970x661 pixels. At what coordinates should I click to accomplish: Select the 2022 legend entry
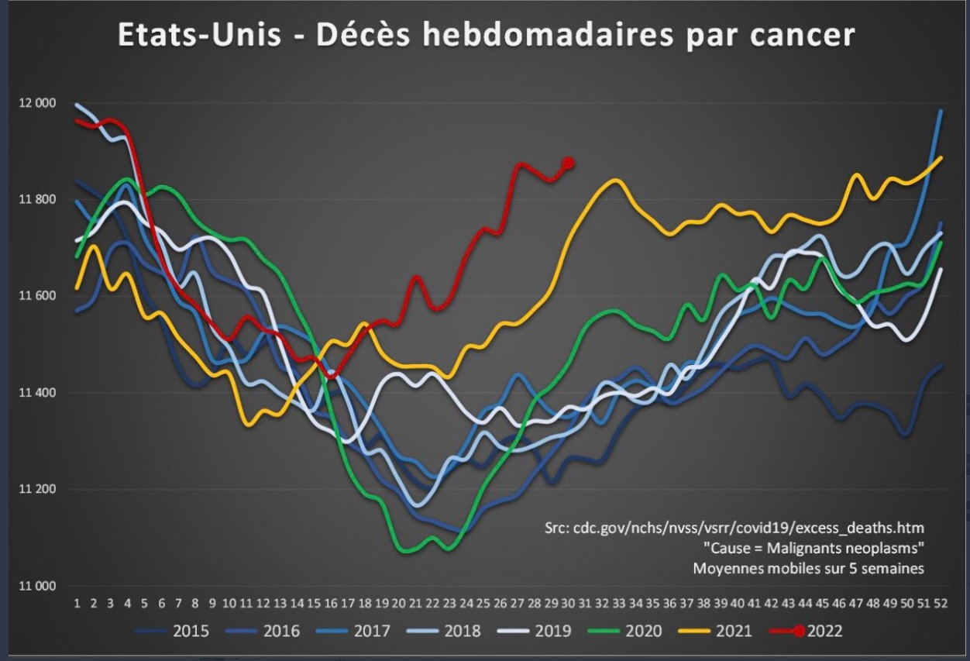tap(824, 631)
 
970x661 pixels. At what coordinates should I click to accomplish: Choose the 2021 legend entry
tap(733, 631)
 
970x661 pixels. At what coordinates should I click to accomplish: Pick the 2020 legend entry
tap(643, 631)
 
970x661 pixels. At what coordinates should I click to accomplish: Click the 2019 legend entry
tap(552, 631)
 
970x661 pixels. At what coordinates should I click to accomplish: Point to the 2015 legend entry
tap(191, 631)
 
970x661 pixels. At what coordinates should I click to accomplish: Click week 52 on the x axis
tap(941, 603)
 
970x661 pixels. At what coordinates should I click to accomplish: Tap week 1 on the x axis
tap(77, 603)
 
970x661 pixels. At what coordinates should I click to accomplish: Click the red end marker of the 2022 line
tap(569, 163)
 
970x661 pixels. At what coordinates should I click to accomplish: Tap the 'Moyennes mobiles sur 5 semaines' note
tap(808, 568)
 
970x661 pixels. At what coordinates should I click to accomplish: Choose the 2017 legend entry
tap(372, 631)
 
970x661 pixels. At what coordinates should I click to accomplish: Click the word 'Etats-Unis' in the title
tap(199, 36)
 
